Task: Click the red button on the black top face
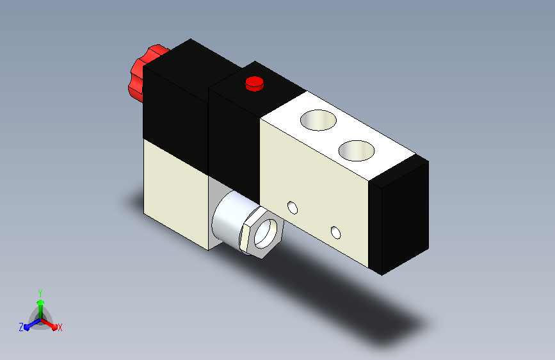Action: pyautogui.click(x=255, y=84)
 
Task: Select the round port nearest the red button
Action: pyautogui.click(x=318, y=120)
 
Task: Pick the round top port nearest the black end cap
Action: pyautogui.click(x=357, y=151)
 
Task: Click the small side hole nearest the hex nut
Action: pyautogui.click(x=293, y=208)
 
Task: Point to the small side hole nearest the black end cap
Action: pyautogui.click(x=335, y=233)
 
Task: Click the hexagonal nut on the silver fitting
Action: pyautogui.click(x=262, y=233)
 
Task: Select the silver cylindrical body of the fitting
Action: pyautogui.click(x=232, y=218)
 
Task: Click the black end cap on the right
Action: pyautogui.click(x=399, y=215)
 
